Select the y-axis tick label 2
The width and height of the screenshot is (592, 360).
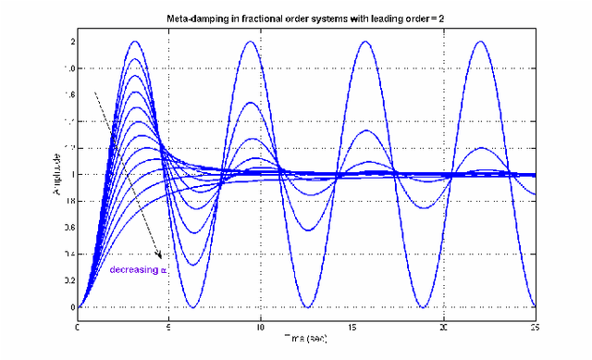70,42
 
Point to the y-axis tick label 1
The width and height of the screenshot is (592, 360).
70,174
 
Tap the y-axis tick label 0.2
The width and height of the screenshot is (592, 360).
67,280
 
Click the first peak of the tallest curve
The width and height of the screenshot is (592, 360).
135,42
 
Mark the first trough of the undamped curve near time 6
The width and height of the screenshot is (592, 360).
192,307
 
